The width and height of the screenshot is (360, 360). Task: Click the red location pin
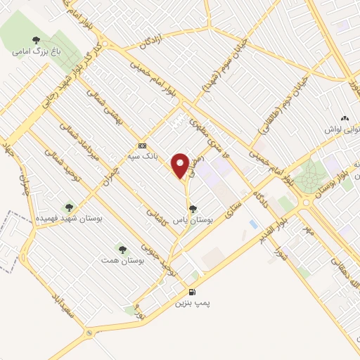coord(181,165)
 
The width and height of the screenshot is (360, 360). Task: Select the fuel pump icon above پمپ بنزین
coord(192,292)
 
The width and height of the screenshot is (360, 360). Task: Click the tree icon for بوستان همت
coord(122,249)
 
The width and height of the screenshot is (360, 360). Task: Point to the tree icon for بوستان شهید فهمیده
coord(69,207)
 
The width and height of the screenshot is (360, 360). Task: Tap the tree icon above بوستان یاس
coord(193,209)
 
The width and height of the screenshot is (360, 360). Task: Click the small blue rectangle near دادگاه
coord(253,224)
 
